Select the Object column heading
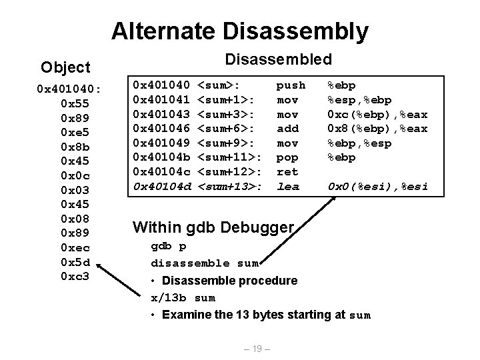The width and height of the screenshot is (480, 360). (65, 67)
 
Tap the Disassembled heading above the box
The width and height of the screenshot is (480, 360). (279, 59)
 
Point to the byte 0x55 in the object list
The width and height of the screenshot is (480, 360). (70, 103)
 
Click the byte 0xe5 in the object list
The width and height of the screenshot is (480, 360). (70, 132)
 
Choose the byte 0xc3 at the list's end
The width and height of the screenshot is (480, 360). (75, 276)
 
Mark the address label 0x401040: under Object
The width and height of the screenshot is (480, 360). (69, 89)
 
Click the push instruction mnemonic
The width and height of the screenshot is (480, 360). (291, 85)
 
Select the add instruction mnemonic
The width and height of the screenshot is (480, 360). (287, 129)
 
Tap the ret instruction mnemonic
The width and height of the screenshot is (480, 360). (287, 172)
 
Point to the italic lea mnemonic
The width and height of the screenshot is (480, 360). (287, 187)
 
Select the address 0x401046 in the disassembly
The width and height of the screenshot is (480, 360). (162, 129)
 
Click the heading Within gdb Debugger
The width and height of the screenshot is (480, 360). (213, 227)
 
